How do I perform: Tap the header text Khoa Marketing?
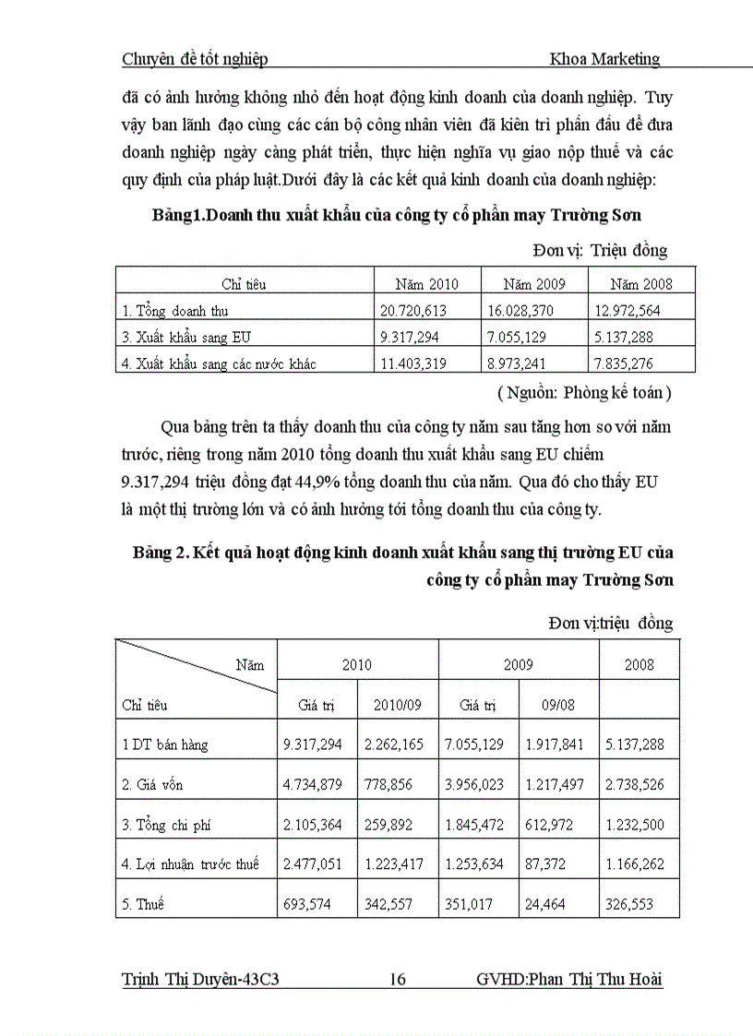(604, 59)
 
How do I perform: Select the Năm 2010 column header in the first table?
(426, 284)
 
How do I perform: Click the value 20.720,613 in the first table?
(413, 312)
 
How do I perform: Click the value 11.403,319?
(413, 364)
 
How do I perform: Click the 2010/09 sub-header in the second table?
(398, 706)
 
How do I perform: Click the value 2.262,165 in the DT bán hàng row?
(398, 744)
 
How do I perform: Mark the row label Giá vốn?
(153, 785)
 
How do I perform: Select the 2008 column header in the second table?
(639, 665)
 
